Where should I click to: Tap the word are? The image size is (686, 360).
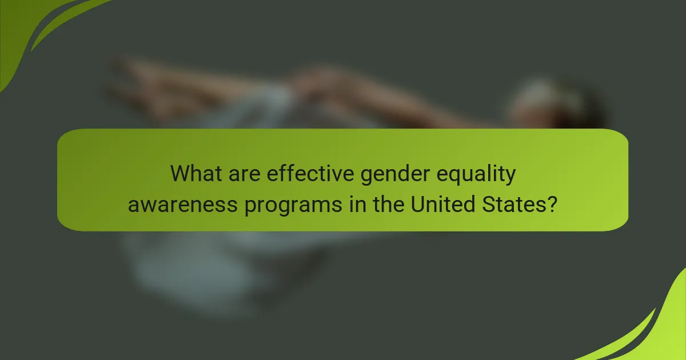tap(246, 174)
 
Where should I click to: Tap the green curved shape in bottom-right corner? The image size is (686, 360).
tap(657, 331)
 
